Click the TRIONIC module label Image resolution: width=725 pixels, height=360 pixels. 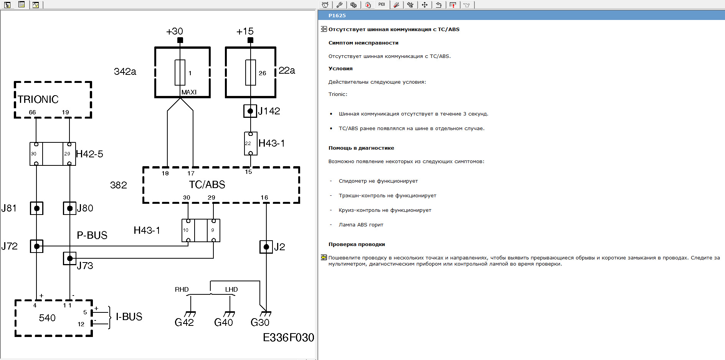[x=38, y=99]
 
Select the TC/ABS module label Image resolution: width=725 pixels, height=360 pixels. [x=207, y=185]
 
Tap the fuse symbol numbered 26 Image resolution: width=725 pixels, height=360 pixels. [x=251, y=72]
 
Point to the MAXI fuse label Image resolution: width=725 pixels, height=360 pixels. [x=189, y=92]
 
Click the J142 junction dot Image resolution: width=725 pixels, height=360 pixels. [x=250, y=111]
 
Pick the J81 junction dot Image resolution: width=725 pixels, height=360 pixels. [x=37, y=208]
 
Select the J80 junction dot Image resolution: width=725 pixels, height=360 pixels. [x=70, y=208]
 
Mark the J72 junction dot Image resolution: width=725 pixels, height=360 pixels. [x=37, y=246]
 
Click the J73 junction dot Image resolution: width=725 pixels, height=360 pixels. [x=70, y=258]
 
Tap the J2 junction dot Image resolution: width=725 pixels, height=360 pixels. [x=266, y=247]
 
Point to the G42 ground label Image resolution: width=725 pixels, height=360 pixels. [x=184, y=322]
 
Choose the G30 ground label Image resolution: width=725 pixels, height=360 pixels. [x=260, y=322]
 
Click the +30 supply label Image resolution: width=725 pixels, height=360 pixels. [x=174, y=31]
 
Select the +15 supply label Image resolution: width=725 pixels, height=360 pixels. [x=245, y=31]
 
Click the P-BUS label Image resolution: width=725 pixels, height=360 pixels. [x=92, y=235]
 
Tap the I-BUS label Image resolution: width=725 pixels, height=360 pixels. [x=129, y=317]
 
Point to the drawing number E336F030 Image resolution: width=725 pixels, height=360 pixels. [x=288, y=337]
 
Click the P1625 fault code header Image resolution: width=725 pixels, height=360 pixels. [x=337, y=16]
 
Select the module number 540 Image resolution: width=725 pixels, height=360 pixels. [x=47, y=318]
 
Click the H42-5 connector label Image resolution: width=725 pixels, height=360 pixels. [x=89, y=154]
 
